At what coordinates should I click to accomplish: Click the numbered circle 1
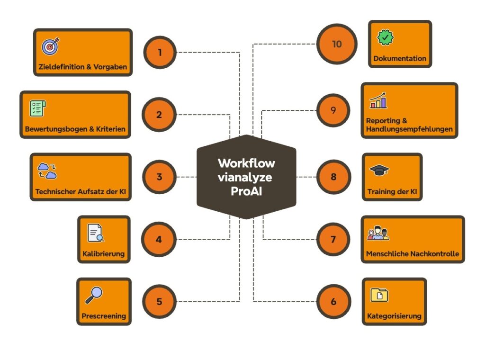[160, 52]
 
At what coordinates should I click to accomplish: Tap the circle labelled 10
[336, 44]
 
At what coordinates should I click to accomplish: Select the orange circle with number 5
[159, 301]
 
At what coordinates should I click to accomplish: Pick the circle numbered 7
[333, 239]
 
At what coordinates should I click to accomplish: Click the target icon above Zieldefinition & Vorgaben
[50, 46]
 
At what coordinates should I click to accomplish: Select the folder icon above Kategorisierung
[379, 295]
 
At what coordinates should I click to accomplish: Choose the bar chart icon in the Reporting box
[378, 100]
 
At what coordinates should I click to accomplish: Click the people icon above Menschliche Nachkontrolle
[378, 233]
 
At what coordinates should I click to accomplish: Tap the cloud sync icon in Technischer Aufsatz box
[47, 171]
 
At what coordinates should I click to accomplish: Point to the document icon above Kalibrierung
[95, 233]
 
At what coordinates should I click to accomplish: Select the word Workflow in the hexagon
[246, 163]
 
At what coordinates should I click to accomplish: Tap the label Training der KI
[391, 193]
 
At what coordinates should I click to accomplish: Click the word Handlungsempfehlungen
[409, 129]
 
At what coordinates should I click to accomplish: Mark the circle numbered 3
[159, 177]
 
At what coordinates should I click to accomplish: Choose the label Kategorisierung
[394, 316]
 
